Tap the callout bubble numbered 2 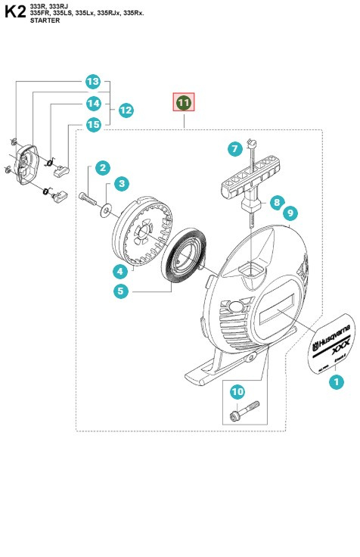[101, 168]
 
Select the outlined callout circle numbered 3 [121, 183]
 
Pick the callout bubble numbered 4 [120, 270]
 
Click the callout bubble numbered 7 [235, 149]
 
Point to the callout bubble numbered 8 [277, 202]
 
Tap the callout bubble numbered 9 [290, 213]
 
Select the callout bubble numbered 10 [237, 391]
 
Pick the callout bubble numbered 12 [126, 110]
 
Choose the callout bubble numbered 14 [92, 103]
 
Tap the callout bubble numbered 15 [92, 124]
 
